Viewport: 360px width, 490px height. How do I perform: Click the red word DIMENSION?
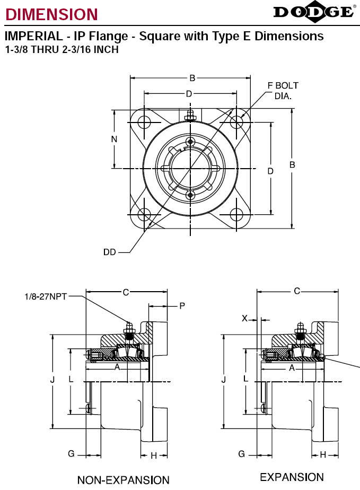point(51,14)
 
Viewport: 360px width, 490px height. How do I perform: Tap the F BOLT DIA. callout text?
point(283,91)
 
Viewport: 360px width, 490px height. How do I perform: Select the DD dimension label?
point(110,252)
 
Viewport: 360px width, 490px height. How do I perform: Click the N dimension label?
point(115,139)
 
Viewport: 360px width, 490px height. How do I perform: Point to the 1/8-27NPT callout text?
point(46,296)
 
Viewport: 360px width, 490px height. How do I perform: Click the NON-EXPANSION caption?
point(124,480)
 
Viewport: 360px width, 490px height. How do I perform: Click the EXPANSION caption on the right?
point(292,477)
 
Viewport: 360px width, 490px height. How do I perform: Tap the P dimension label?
point(182,305)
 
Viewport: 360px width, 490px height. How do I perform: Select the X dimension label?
point(245,318)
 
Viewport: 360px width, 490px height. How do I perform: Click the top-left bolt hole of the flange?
point(144,122)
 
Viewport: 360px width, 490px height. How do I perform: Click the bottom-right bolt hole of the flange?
point(236,215)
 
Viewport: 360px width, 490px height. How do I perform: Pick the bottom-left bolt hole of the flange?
point(144,215)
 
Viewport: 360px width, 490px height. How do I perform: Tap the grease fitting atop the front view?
point(190,115)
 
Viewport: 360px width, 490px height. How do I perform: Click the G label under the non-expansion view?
point(71,453)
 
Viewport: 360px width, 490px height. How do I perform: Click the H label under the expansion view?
point(323,454)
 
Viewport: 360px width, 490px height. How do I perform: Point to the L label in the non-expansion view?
point(71,379)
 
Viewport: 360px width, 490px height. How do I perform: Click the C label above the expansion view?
point(297,291)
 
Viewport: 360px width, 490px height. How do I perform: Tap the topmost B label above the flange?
point(192,78)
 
